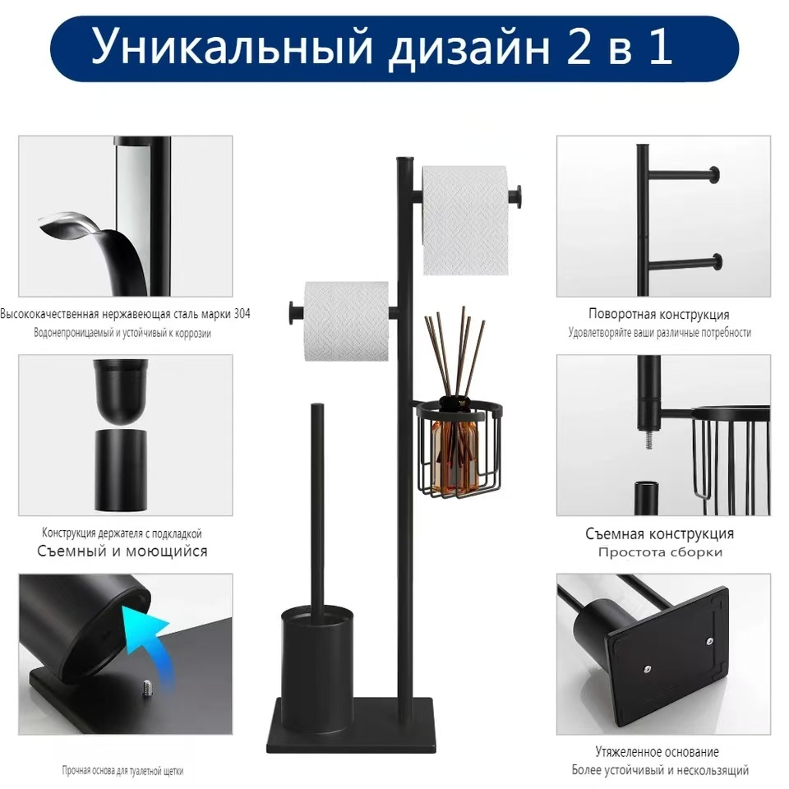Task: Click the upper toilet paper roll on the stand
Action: [x=464, y=219]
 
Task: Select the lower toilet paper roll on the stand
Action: [x=346, y=321]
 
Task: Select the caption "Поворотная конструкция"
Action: [x=658, y=314]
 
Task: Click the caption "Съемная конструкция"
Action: [x=659, y=533]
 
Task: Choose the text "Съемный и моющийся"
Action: [x=122, y=551]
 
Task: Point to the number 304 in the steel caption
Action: [x=240, y=314]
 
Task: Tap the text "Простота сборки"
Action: [x=660, y=552]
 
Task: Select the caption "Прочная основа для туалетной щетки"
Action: [x=122, y=771]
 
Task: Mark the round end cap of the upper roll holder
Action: [x=518, y=197]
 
